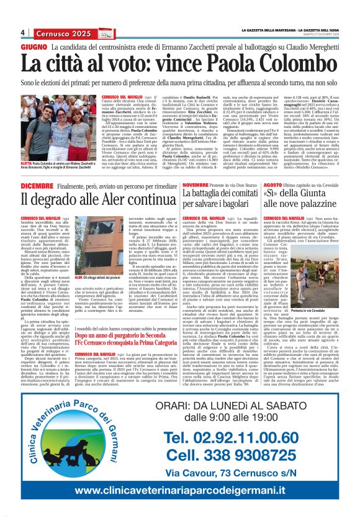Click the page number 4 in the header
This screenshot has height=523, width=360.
(x=23, y=32)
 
